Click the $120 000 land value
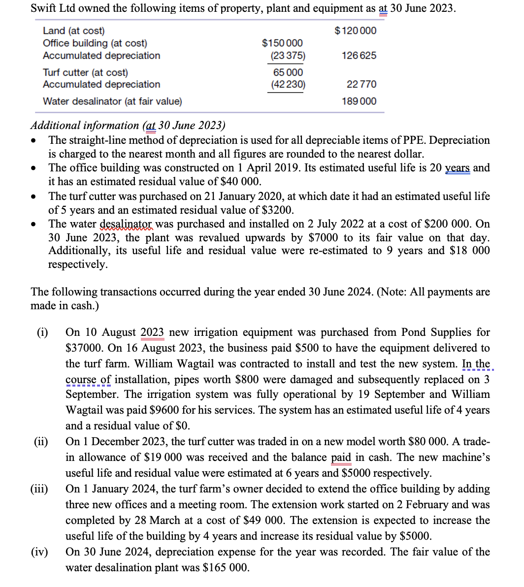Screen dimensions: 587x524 (355, 31)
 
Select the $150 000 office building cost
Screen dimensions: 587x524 (282, 43)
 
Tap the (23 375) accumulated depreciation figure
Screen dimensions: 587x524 (288, 56)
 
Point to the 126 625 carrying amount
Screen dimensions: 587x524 (359, 56)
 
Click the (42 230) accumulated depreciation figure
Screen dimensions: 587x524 (288, 85)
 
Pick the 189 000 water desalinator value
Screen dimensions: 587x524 (359, 101)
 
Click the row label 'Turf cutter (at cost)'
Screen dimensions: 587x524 (85, 72)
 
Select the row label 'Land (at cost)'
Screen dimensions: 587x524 (74, 31)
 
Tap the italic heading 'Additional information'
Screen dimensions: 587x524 (85, 126)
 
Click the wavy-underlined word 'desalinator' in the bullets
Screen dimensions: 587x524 (127, 224)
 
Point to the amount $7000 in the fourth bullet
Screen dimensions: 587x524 (323, 238)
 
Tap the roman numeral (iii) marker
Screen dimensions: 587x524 (39, 489)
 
